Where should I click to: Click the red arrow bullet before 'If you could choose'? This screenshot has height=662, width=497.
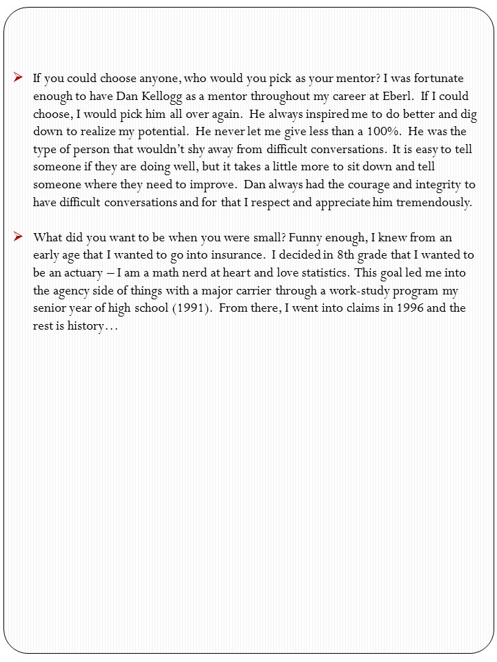click(19, 78)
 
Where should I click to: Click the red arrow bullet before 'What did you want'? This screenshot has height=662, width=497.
click(19, 237)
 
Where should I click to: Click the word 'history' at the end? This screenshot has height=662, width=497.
click(81, 326)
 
